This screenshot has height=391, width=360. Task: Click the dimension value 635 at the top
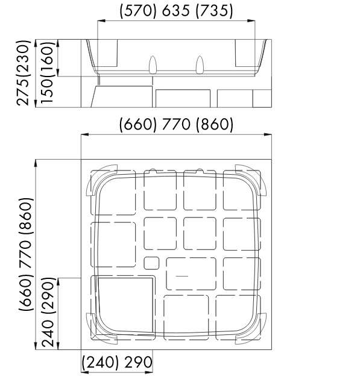175,11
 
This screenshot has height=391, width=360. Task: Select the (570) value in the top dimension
138,11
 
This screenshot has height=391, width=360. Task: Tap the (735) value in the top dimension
214,11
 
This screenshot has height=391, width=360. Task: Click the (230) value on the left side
24,60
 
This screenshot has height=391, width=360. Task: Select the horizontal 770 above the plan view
176,124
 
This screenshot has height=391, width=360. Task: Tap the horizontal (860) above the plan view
215,125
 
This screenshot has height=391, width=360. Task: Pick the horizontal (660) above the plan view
138,125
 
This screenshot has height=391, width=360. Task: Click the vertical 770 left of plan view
25,254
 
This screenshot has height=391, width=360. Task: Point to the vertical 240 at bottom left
48,334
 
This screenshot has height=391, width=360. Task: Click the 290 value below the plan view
138,362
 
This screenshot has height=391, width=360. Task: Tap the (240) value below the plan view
100,363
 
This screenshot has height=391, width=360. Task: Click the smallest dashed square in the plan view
151,263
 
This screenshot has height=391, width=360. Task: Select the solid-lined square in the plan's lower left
125,305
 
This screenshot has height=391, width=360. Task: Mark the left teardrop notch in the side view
153,64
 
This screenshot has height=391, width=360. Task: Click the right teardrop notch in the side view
200,64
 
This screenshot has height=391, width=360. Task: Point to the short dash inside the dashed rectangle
182,276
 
